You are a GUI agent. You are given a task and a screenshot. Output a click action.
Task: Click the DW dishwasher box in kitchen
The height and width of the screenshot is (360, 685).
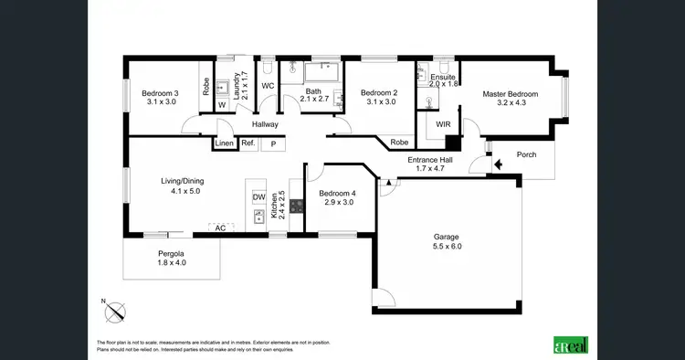tap(258, 196)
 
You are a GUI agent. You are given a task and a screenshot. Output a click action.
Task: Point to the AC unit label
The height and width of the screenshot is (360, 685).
tap(220, 228)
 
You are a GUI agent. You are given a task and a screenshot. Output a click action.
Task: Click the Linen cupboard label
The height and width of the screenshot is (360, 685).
tap(225, 143)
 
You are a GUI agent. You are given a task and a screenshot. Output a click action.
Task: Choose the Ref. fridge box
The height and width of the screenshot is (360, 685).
tap(248, 143)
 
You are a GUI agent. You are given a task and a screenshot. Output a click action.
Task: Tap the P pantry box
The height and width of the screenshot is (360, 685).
tap(273, 143)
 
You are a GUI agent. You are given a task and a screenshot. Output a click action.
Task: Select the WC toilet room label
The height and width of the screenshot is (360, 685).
tap(269, 86)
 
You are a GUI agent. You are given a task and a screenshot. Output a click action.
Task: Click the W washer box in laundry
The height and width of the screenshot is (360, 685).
tap(221, 105)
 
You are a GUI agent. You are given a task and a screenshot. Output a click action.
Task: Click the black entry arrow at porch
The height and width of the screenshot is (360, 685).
tap(498, 165)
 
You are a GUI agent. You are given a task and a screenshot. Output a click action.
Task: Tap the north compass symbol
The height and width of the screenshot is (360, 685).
tap(114, 312)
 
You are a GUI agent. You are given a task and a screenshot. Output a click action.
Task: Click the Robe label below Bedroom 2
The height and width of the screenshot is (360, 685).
tap(399, 143)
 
